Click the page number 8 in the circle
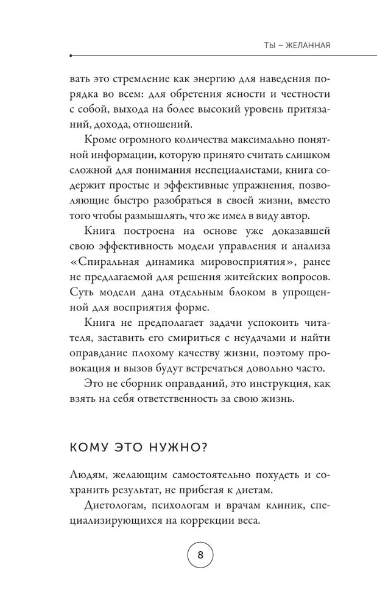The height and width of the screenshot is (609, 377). point(200,557)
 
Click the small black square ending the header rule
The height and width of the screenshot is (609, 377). point(71,55)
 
